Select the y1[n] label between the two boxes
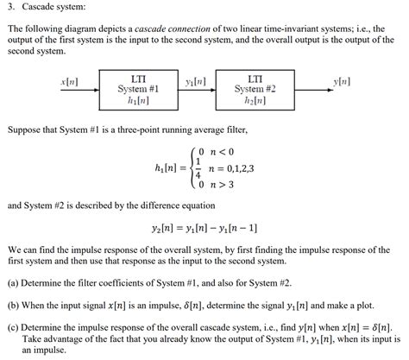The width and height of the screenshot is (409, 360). point(196,82)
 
